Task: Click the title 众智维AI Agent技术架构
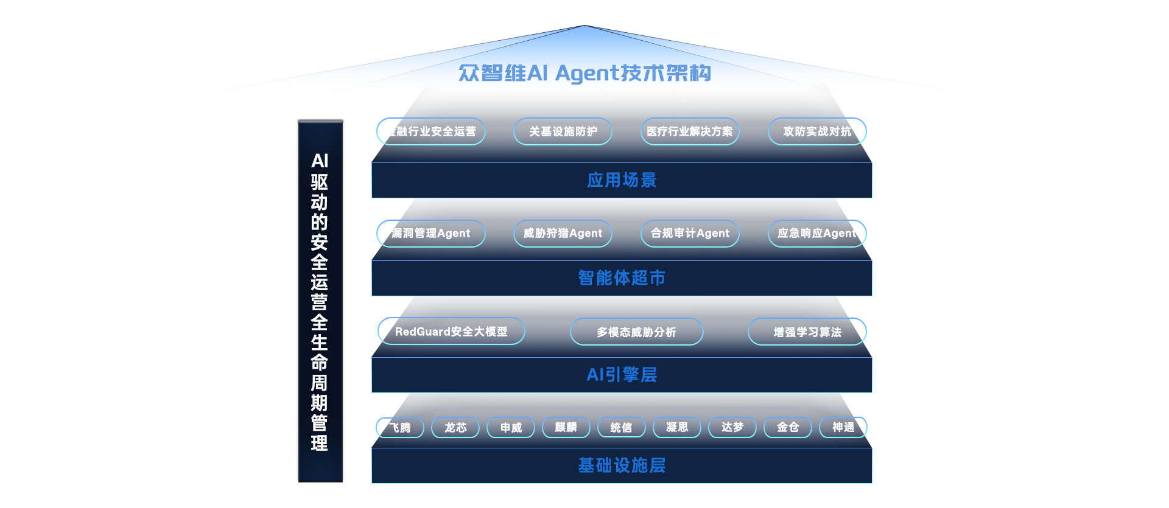[x=584, y=73]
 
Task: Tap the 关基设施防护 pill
[x=563, y=131]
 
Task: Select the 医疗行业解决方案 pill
[x=690, y=131]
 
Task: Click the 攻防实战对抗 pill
[x=816, y=131]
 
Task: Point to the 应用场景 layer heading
[x=622, y=180]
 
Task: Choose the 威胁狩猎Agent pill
[x=563, y=234]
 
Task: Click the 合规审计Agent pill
[x=690, y=234]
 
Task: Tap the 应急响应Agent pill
[x=816, y=234]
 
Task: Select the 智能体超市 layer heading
[x=622, y=278]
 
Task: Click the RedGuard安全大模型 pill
[x=451, y=332]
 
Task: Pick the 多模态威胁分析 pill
[x=636, y=332]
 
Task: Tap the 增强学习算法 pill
[x=807, y=332]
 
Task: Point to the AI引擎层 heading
[x=622, y=375]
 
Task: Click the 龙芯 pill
[x=455, y=428]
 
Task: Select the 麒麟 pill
[x=566, y=428]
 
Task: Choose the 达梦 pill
[x=732, y=428]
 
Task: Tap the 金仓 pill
[x=788, y=428]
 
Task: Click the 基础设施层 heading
[x=622, y=465]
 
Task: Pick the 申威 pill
[x=511, y=428]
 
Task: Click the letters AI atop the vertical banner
[x=320, y=161]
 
